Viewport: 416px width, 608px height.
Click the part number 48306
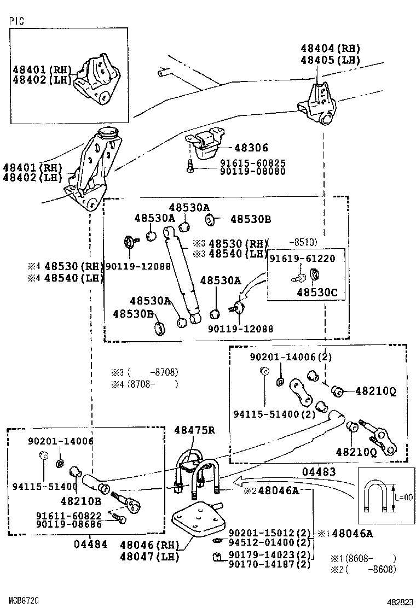click(x=251, y=148)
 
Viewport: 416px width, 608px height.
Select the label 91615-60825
click(x=253, y=163)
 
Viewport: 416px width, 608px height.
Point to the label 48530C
click(x=321, y=293)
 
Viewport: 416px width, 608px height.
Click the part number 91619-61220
click(x=306, y=258)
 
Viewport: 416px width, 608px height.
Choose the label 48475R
click(x=194, y=430)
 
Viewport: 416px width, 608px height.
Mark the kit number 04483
click(x=317, y=471)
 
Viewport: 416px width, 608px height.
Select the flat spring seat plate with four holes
click(x=197, y=523)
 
